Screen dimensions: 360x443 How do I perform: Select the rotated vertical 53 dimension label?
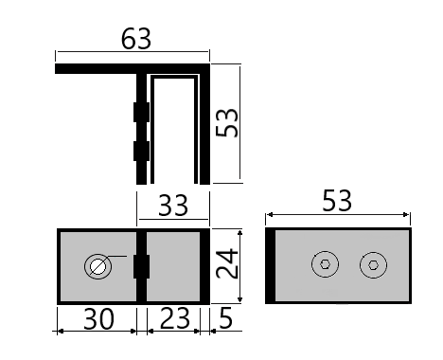[x=227, y=122]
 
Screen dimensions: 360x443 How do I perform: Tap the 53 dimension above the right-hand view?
[x=337, y=201]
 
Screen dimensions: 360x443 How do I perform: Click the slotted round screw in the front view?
[x=97, y=267]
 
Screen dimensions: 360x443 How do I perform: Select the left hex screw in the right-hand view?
[x=326, y=267]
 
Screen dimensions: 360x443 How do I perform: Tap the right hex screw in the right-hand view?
[x=373, y=267]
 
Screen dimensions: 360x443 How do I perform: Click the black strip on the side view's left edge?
[x=271, y=266]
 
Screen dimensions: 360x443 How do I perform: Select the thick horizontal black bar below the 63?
[x=95, y=69]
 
